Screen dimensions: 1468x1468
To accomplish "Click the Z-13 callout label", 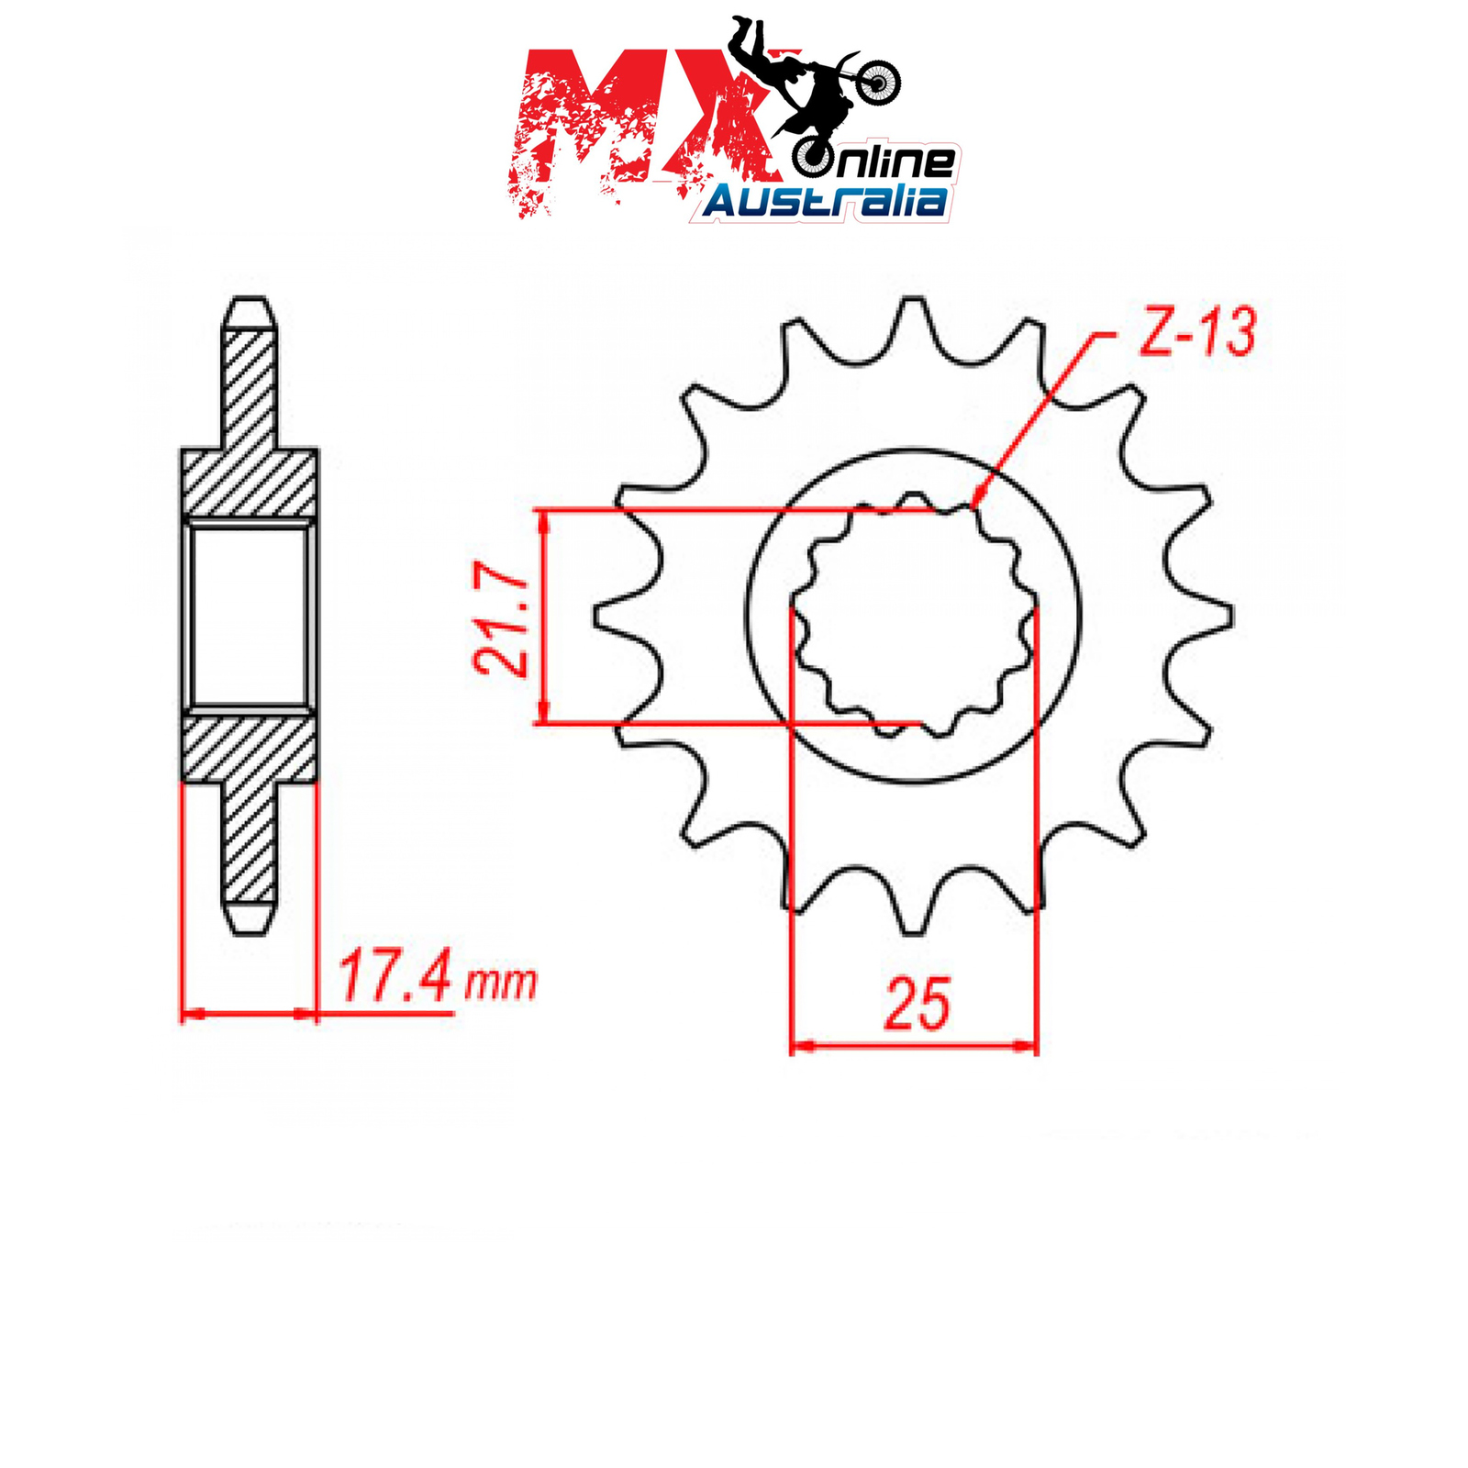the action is tap(1196, 332).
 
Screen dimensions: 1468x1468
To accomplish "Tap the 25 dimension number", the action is tap(917, 1003).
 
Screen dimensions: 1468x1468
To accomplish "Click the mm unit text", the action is tap(500, 983).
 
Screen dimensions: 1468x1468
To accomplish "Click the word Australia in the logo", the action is tap(826, 200).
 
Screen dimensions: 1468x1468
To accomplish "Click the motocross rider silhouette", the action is tap(812, 83).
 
